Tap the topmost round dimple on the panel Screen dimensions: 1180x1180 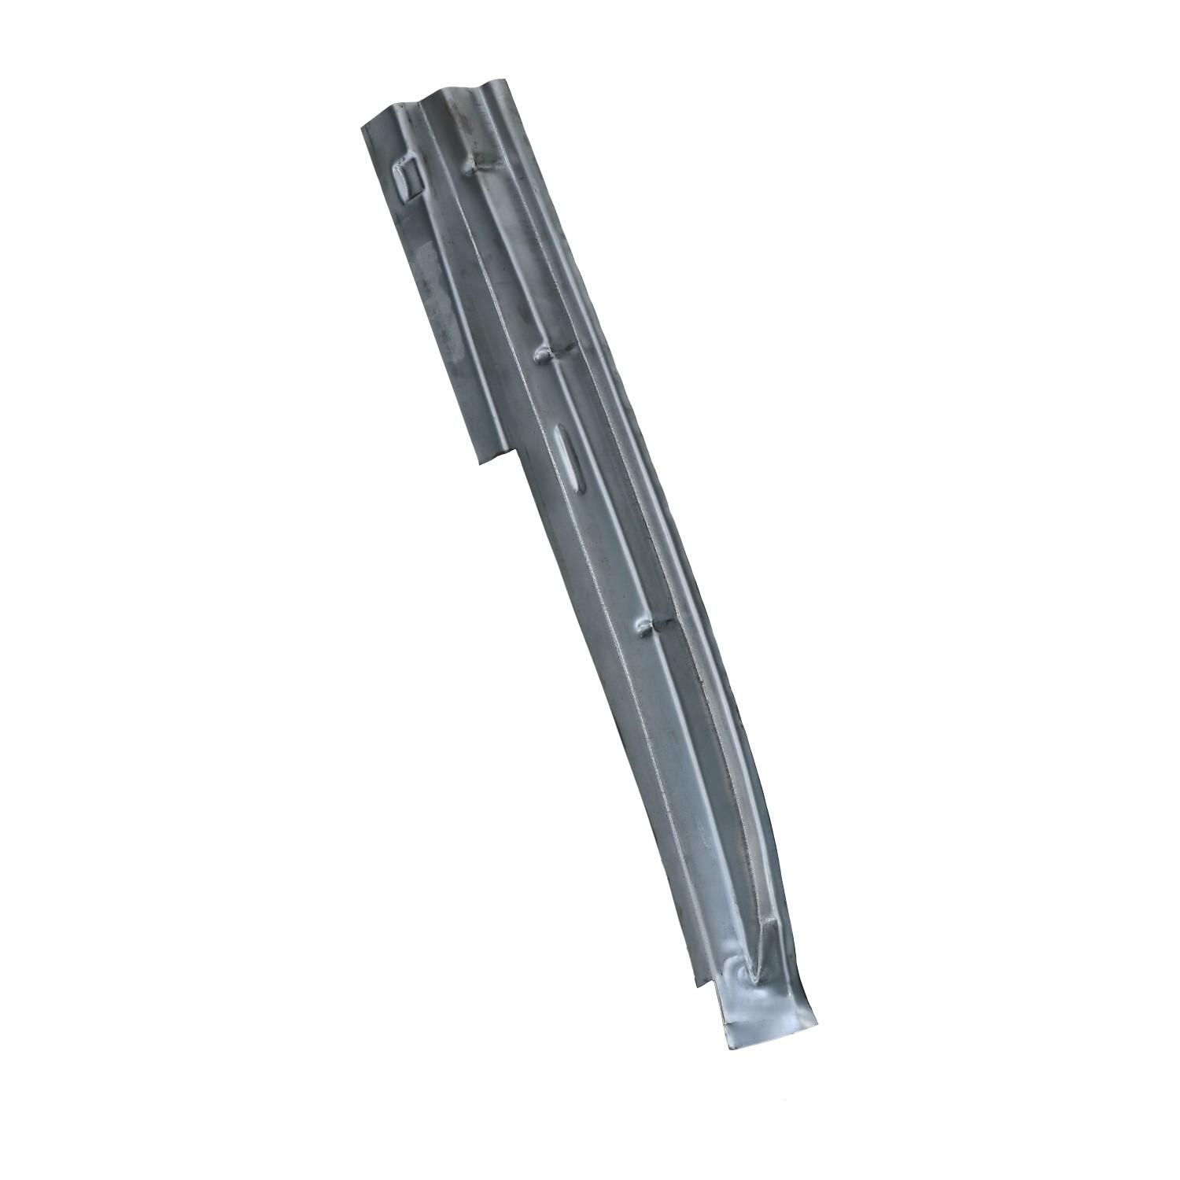tap(474, 164)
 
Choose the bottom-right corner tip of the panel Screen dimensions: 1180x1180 tap(817, 1025)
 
